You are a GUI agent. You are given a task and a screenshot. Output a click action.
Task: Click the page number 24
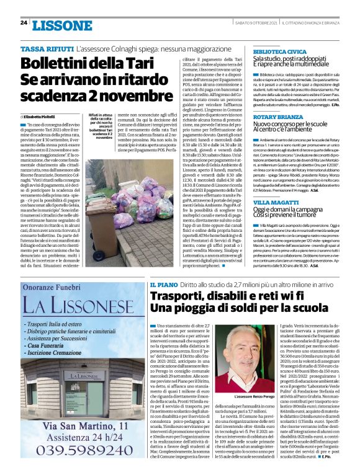[24, 23]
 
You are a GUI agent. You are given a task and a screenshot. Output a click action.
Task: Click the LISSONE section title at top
[62, 25]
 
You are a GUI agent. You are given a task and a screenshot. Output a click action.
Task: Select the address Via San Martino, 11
[79, 427]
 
